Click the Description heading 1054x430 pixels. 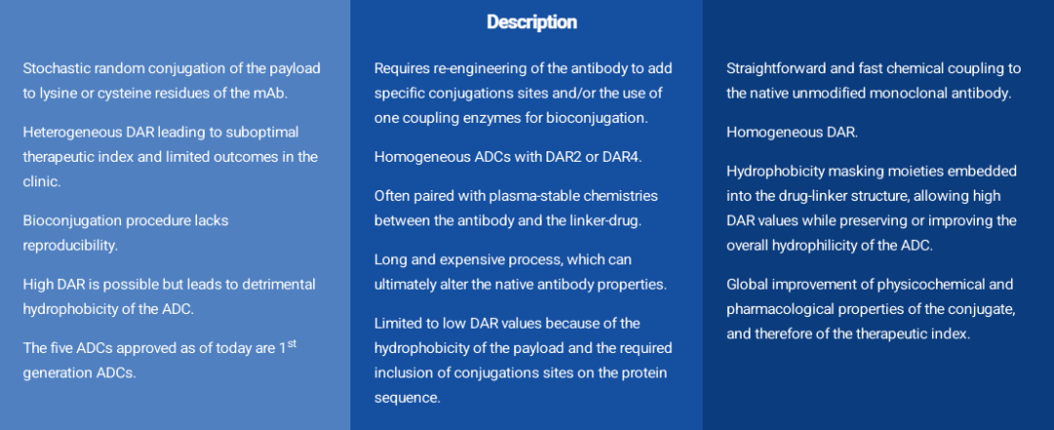[x=532, y=22]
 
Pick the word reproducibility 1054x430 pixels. [x=70, y=246]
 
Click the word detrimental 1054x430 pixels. [x=282, y=284]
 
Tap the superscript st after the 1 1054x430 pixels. [x=292, y=345]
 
